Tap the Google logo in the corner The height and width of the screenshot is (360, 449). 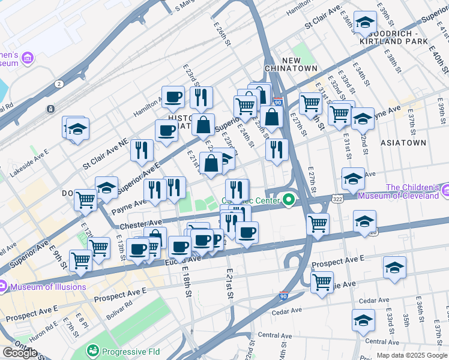[x=20, y=352]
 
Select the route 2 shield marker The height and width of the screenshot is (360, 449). [x=58, y=83]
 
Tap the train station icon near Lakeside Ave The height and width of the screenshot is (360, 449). [x=51, y=109]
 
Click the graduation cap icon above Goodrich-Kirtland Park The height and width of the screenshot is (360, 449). [x=364, y=22]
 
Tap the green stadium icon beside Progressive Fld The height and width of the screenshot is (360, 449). [x=93, y=349]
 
